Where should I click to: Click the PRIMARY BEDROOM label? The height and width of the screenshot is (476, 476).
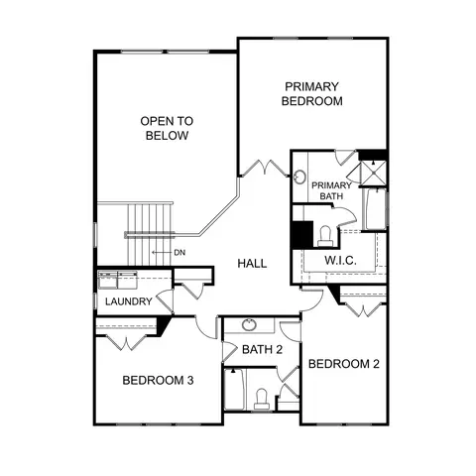[311, 94]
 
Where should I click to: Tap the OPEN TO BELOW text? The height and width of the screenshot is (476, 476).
[167, 128]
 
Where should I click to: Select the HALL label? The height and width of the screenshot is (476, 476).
[252, 264]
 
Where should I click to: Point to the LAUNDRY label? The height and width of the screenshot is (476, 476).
[129, 301]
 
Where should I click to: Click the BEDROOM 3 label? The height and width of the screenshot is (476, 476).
[158, 381]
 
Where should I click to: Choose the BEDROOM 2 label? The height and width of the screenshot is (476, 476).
[344, 364]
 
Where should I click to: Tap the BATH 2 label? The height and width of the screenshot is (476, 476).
[262, 349]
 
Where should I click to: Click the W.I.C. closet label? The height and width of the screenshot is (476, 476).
[340, 261]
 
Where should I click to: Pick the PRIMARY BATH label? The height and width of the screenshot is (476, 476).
[331, 190]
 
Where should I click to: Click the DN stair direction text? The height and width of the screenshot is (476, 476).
[179, 253]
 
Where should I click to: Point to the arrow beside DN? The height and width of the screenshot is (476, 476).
[162, 253]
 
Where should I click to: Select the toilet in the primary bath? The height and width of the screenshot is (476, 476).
[325, 236]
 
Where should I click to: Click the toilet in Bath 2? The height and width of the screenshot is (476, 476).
[262, 400]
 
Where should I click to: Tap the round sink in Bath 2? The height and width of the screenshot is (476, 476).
[249, 325]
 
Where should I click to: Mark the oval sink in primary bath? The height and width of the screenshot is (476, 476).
[300, 177]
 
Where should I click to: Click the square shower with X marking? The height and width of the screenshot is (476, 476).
[373, 174]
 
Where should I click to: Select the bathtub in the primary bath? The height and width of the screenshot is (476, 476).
[375, 209]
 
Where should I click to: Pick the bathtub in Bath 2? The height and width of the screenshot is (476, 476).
[235, 390]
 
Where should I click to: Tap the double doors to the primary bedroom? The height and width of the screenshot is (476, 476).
[264, 168]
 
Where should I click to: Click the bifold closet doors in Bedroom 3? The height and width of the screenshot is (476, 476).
[126, 343]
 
